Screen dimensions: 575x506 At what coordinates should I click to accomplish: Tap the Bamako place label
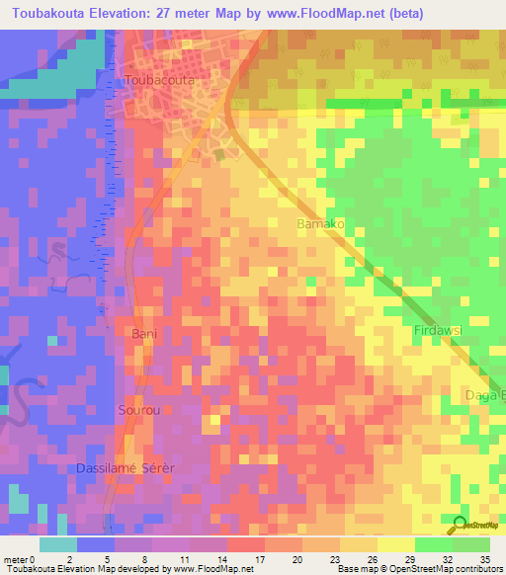tap(320, 225)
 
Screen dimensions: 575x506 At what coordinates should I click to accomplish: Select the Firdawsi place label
tap(439, 330)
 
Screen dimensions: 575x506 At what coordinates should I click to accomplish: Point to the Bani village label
tap(144, 335)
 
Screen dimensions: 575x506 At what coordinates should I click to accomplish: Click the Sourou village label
tap(138, 409)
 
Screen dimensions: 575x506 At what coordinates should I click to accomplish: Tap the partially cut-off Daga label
tap(485, 396)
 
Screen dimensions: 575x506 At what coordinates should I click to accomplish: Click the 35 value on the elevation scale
tap(484, 558)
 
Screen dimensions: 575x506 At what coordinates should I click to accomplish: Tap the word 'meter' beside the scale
tap(15, 558)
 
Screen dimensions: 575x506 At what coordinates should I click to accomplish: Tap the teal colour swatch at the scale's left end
tap(58, 544)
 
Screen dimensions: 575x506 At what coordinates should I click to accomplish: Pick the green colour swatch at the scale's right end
tap(471, 544)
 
